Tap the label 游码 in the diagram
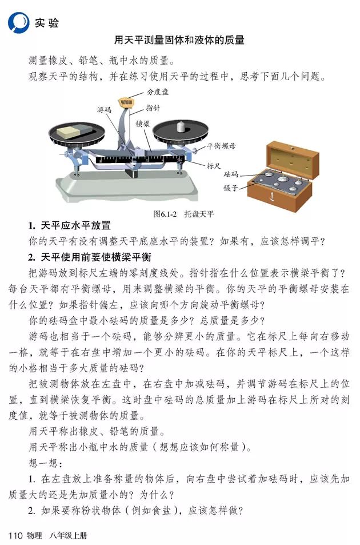point(104,109)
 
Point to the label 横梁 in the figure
point(142,123)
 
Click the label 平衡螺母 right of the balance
point(221,145)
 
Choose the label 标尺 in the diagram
point(213,166)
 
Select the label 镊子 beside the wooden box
point(231,187)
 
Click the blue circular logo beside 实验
point(18,22)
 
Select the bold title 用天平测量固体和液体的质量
point(179,40)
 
